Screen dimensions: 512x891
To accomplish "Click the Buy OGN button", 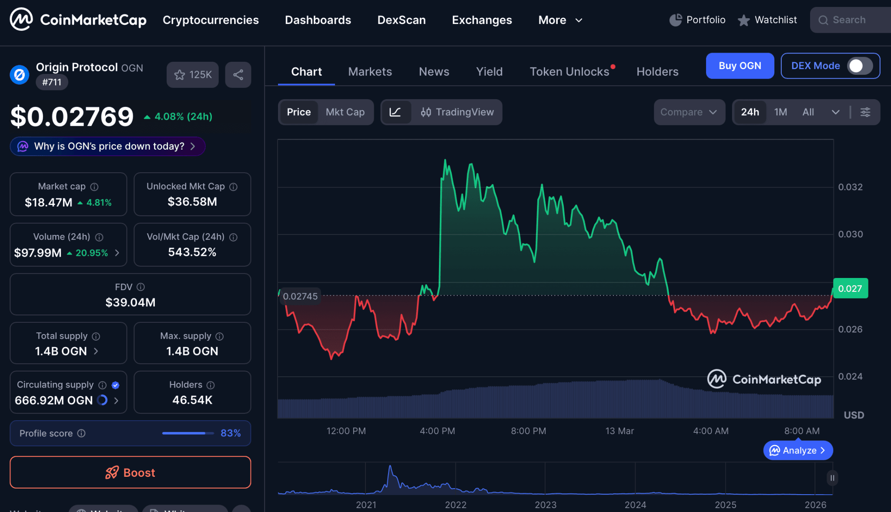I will (740, 66).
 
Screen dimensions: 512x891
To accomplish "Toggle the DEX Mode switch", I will (859, 66).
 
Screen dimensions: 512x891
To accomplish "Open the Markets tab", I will (370, 72).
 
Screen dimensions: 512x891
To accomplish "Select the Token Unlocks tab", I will (569, 72).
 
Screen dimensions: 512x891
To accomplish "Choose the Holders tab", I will (657, 72).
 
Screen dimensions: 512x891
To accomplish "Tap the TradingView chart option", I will (457, 112).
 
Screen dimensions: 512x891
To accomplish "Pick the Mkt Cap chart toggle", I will (345, 112).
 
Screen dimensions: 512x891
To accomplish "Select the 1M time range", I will (780, 112).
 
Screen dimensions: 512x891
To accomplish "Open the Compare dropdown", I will (689, 112).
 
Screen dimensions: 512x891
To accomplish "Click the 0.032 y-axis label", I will (850, 187).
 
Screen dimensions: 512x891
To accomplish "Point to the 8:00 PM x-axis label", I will (528, 431).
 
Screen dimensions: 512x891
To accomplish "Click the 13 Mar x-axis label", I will (620, 431).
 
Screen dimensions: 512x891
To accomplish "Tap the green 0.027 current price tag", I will (850, 288).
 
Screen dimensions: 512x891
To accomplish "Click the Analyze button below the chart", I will (798, 451).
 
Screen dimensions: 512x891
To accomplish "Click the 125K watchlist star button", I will (193, 75).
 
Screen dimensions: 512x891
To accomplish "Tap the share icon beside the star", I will (238, 75).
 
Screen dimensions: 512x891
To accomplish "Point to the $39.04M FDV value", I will (130, 302).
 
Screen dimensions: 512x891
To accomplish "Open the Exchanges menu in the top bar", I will (482, 20).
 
